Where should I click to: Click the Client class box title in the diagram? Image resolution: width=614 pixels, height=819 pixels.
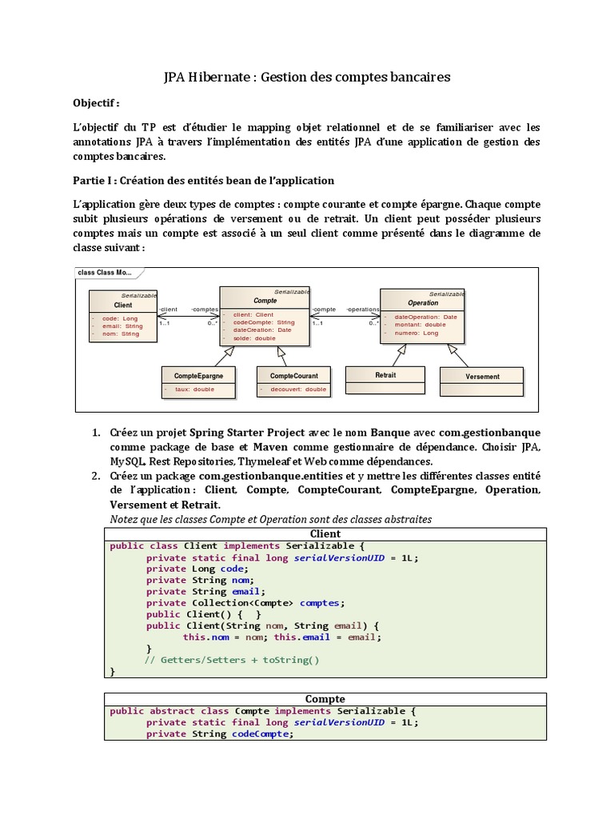click(123, 306)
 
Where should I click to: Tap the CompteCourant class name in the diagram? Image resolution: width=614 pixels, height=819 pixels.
click(293, 375)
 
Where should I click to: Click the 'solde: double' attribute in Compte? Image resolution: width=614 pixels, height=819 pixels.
click(254, 338)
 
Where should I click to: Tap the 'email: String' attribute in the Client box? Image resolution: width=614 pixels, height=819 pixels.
click(122, 326)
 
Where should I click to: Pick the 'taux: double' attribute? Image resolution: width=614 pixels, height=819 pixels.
click(194, 390)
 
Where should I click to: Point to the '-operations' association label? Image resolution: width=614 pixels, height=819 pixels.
click(362, 309)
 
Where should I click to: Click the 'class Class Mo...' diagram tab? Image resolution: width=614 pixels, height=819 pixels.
click(104, 273)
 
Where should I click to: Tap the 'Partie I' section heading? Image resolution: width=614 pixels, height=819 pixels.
click(203, 180)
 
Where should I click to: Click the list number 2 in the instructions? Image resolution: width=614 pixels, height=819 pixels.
click(96, 476)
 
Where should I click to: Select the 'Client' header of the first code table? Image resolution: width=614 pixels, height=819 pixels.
click(325, 533)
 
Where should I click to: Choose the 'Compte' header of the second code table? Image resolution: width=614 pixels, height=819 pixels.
click(325, 699)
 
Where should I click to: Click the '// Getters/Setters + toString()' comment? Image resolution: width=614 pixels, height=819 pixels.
click(232, 660)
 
